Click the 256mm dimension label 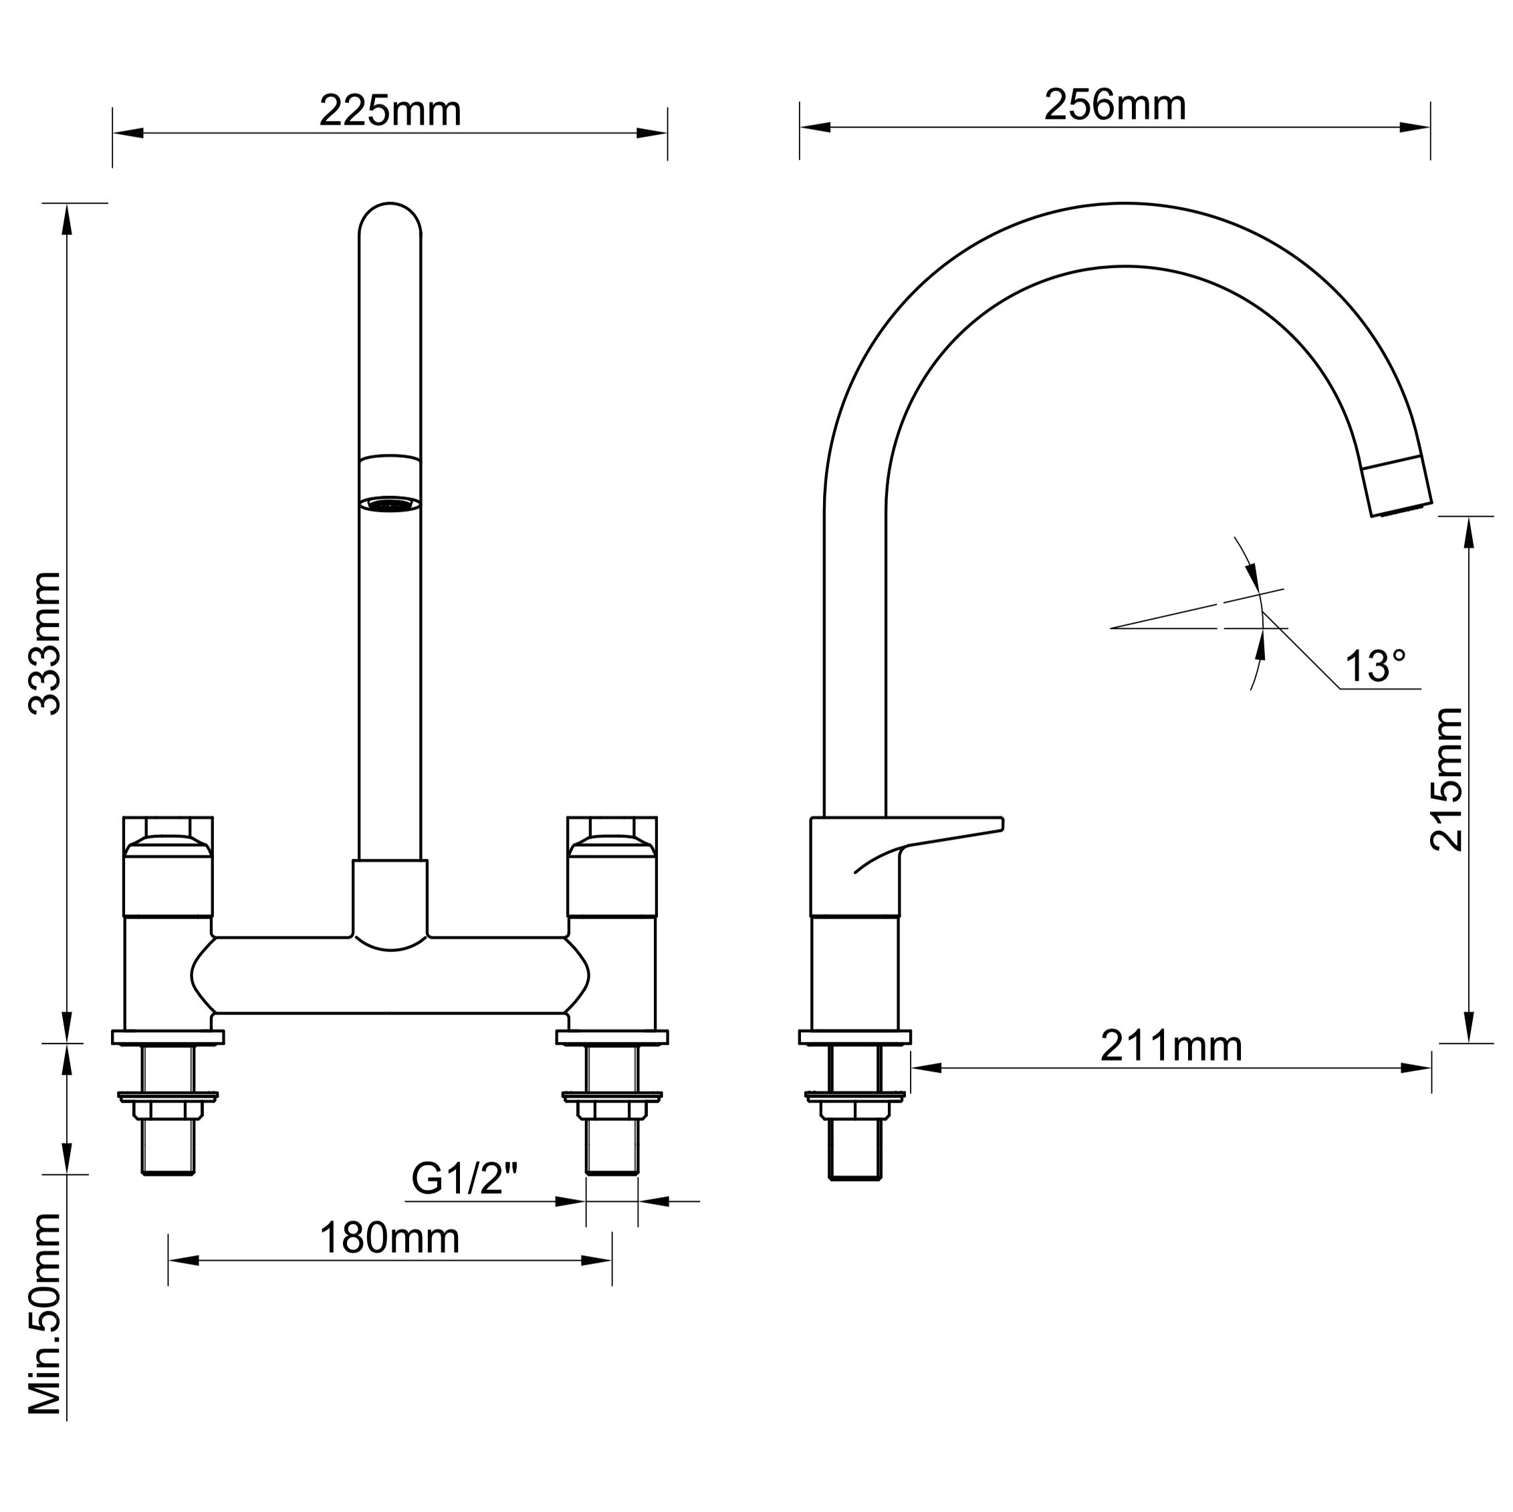[x=1115, y=105]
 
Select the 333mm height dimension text [x=45, y=644]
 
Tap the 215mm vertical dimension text [x=1445, y=780]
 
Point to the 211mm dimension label [x=1171, y=1046]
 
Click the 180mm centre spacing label [x=389, y=1239]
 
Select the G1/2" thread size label [x=465, y=1178]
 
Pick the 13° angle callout [x=1375, y=666]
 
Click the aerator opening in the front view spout [x=390, y=504]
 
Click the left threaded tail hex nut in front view [x=168, y=1110]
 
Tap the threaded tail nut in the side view [x=854, y=1110]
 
